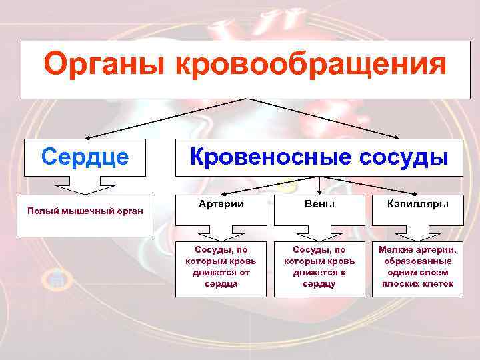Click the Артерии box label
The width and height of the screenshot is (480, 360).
pos(221,204)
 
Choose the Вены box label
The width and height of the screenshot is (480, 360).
pos(319,204)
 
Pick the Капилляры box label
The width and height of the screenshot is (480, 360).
pos(417,204)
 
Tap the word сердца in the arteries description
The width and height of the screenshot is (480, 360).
pos(221,284)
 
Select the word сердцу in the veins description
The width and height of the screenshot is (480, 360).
pos(319,284)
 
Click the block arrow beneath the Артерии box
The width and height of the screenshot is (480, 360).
pos(221,233)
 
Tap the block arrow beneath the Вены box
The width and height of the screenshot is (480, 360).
pos(319,233)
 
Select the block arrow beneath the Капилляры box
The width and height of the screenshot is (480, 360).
pos(417,233)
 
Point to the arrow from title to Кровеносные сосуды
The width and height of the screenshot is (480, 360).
pos(327,119)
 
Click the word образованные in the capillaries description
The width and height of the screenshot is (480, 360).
pos(417,261)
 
